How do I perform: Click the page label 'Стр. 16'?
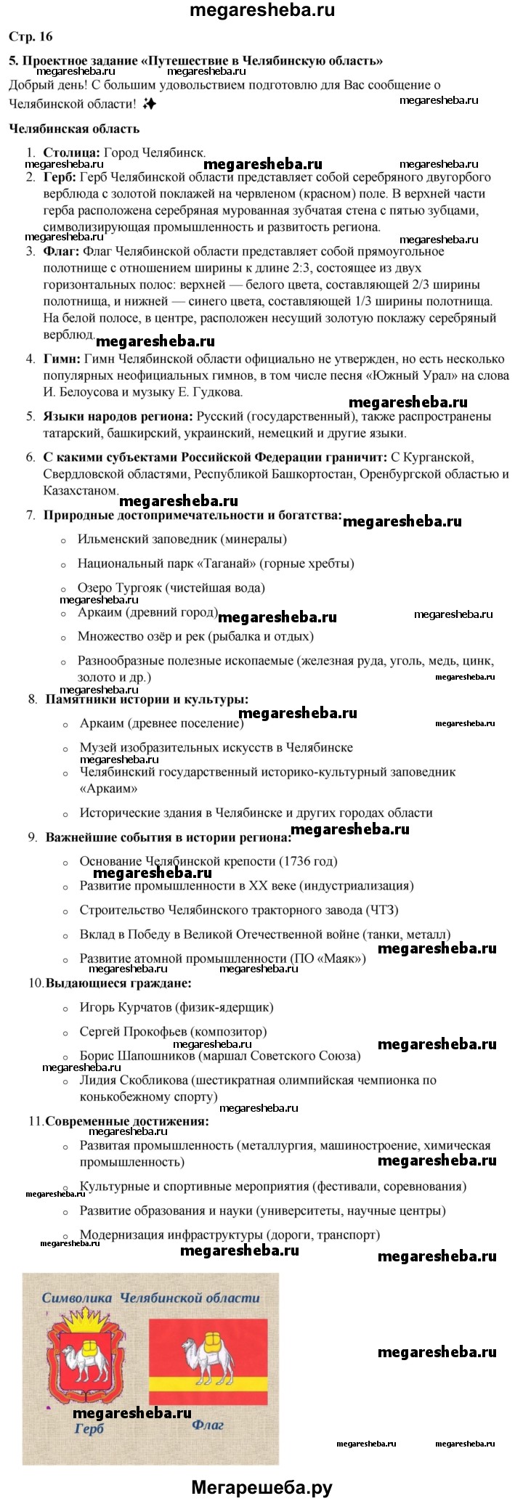31,36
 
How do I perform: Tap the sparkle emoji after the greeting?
149,104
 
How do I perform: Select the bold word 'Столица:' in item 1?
72,152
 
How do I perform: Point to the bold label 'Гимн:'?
62,358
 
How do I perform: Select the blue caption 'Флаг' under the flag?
208,1424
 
